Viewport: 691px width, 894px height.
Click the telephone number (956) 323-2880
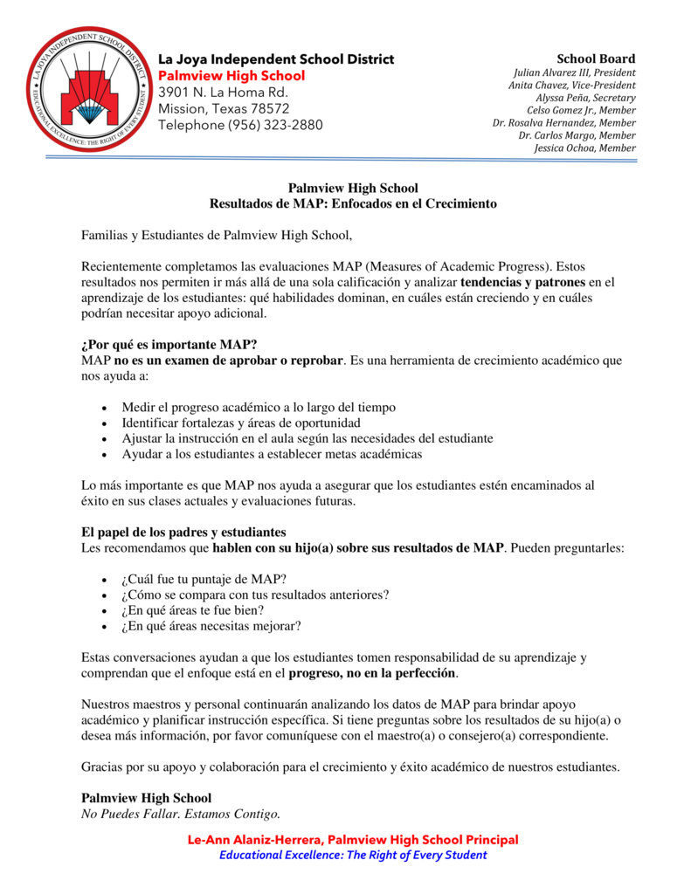tap(240, 125)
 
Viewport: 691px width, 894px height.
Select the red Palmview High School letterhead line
tap(231, 76)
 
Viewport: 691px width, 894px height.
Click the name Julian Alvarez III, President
tap(574, 72)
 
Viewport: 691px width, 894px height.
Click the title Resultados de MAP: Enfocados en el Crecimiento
tap(353, 203)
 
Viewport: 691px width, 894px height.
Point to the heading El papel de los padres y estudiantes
tap(183, 532)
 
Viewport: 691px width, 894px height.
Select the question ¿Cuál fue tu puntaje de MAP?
tap(204, 579)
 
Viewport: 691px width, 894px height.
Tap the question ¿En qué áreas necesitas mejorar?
tap(211, 626)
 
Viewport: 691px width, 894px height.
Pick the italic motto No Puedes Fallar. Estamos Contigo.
tap(181, 815)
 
